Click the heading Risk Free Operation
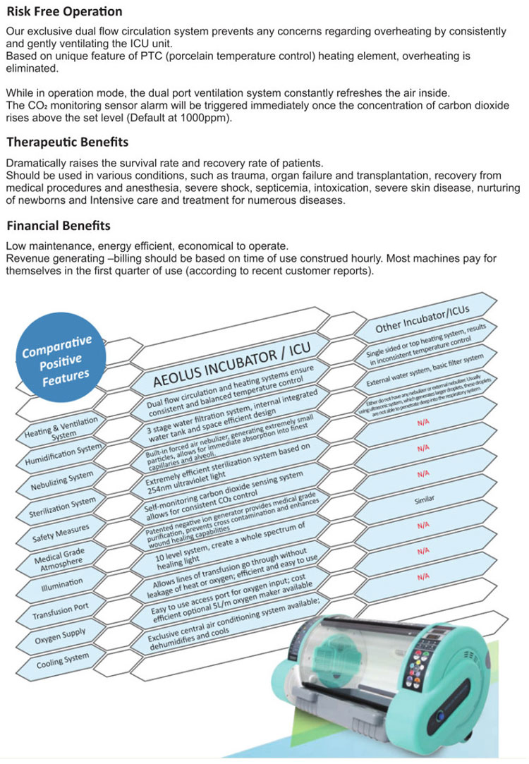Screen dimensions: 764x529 64,11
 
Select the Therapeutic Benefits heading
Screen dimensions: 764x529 67,142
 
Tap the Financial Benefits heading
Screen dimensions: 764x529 59,226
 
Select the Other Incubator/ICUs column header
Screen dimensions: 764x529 422,317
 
